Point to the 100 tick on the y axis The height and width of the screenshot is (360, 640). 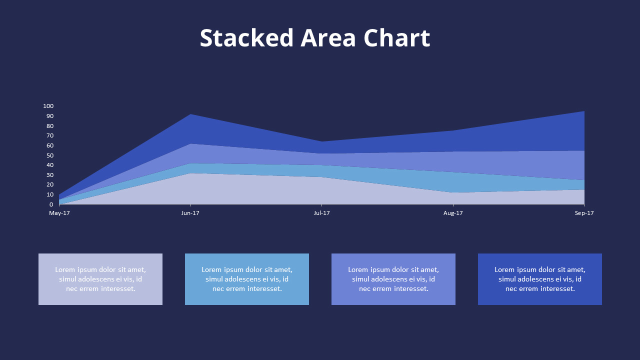pos(48,106)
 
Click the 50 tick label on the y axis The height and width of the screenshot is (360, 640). pos(50,155)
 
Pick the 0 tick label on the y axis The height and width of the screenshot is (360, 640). pos(51,204)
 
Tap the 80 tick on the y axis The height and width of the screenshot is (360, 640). pos(50,125)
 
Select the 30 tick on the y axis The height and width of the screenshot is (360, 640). pos(50,175)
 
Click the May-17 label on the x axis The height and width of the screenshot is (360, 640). pos(59,213)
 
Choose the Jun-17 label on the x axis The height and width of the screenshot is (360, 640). pos(190,213)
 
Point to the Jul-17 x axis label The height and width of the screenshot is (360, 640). pos(321,213)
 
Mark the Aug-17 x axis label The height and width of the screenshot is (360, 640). pos(453,213)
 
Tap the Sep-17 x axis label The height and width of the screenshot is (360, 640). pos(584,213)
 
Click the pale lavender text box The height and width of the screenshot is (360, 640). pos(100,279)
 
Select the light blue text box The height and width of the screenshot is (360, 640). pos(247,279)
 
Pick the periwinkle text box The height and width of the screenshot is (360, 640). pos(393,279)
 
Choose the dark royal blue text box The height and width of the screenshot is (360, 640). pos(540,279)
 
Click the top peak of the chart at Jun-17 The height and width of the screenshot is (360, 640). pos(190,114)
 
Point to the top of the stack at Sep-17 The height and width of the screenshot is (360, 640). pos(584,111)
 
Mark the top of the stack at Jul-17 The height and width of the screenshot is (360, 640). pos(321,141)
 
